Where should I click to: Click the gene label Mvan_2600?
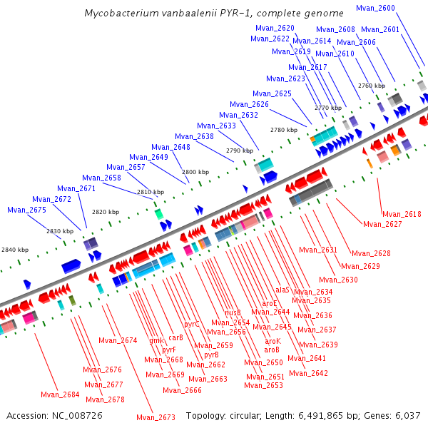[x=395, y=8]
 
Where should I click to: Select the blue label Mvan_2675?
[x=26, y=210]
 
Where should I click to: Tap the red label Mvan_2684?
[x=60, y=394]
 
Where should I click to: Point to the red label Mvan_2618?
[x=402, y=214]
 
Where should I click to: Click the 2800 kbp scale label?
[x=195, y=172]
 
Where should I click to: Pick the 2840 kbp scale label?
[x=15, y=250]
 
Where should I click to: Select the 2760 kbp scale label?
[x=371, y=86]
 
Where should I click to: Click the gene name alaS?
[x=282, y=290]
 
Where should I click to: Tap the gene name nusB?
[x=233, y=312]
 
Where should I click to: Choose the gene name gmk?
[x=156, y=340]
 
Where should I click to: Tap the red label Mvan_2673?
[x=156, y=417]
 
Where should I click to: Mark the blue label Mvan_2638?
[x=194, y=136]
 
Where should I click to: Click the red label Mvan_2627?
[x=382, y=224]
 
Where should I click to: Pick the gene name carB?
[x=175, y=337]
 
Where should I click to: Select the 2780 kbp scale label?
[x=284, y=130]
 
